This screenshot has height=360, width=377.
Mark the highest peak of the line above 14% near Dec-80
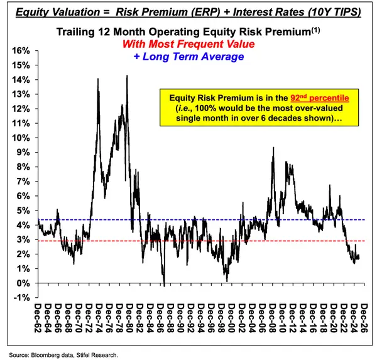click(128, 76)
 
